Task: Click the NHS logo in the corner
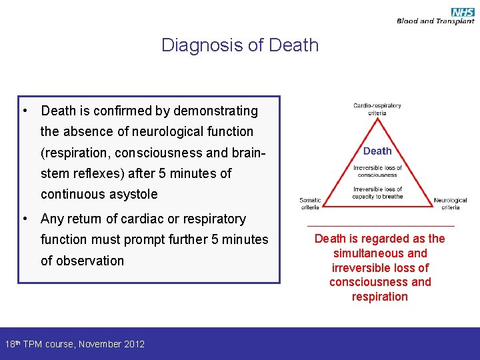pos(462,11)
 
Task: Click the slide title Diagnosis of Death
pos(240,45)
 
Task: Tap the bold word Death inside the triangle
pos(377,151)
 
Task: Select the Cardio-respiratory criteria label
pos(377,109)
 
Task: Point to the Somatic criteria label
pos(310,203)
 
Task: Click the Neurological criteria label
pos(451,203)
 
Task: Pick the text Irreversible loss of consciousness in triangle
pos(377,171)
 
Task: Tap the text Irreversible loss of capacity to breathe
pos(377,193)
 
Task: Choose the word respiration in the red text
pos(380,297)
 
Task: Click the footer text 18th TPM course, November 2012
pos(75,344)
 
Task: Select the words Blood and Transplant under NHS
pos(435,21)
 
